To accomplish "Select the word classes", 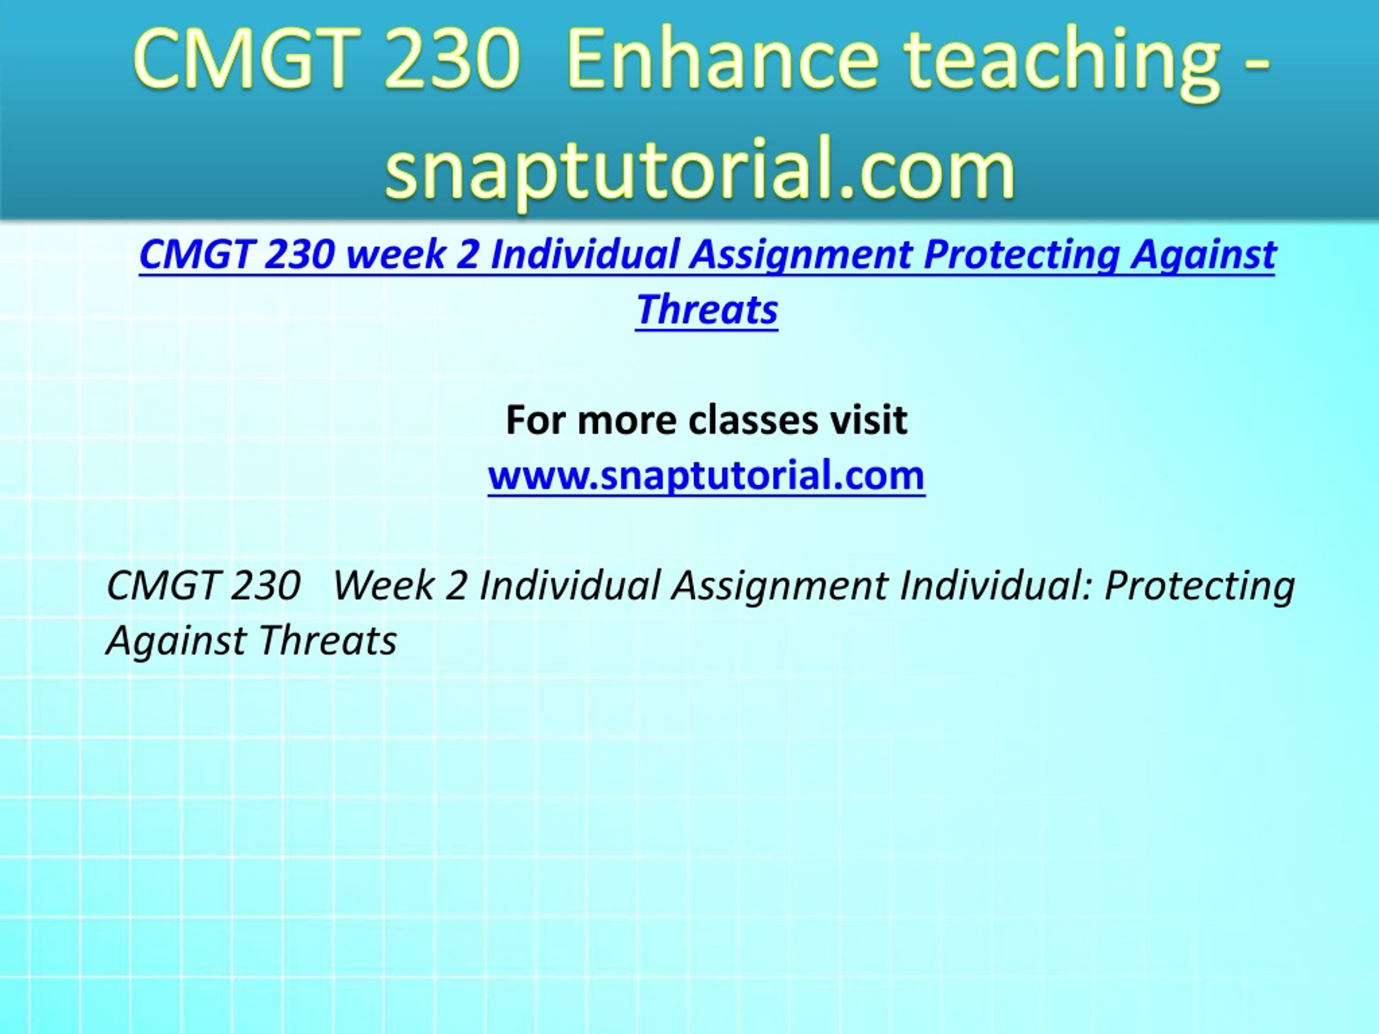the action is coord(752,420).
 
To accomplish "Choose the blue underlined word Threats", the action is coord(707,309).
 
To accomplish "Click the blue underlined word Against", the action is coord(1204,256).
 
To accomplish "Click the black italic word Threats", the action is coord(328,641).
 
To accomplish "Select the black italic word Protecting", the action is coord(1200,587).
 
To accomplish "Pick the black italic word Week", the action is coord(384,586).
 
